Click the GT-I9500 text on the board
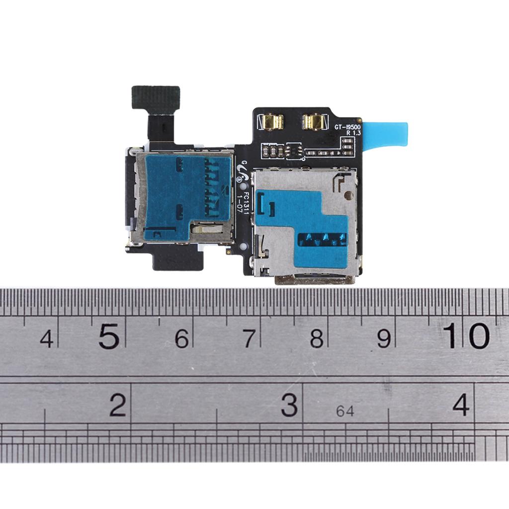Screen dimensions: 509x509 (x=347, y=127)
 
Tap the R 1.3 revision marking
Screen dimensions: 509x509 (x=353, y=133)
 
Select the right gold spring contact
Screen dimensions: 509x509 (x=313, y=122)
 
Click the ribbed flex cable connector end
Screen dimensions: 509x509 (x=156, y=98)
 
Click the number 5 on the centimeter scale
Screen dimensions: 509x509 (x=109, y=337)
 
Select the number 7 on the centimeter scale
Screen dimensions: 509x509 (x=249, y=338)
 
